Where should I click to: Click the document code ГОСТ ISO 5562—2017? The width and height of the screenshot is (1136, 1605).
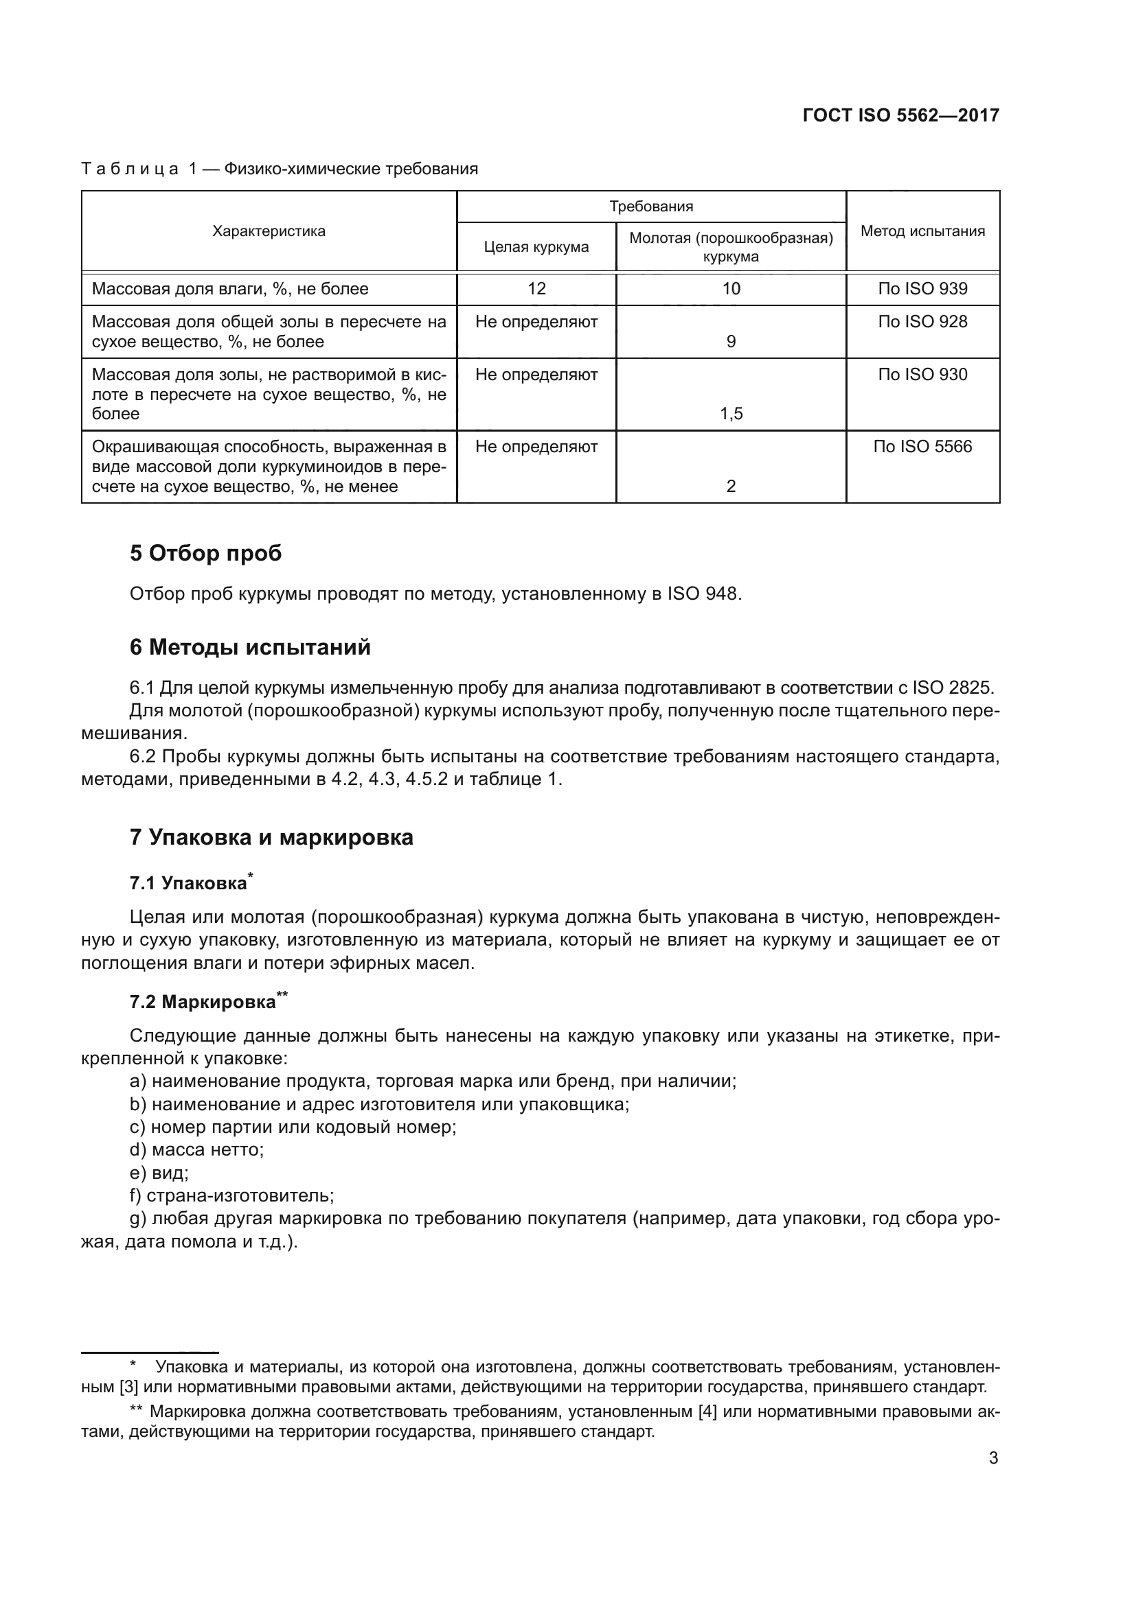click(x=900, y=115)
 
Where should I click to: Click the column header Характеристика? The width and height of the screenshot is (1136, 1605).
click(x=269, y=231)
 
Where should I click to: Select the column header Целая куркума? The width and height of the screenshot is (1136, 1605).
click(x=536, y=247)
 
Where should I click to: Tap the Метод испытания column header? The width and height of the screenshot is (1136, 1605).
click(x=922, y=231)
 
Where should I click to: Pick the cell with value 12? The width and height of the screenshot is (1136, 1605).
click(x=536, y=289)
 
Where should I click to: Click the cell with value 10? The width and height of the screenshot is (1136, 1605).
click(x=730, y=289)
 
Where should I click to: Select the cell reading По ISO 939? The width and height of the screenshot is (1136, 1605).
click(x=922, y=289)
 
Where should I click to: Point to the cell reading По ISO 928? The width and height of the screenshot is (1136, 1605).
click(x=922, y=322)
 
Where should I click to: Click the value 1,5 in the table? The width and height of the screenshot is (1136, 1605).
click(x=730, y=414)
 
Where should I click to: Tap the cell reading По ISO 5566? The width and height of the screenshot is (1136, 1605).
click(x=922, y=447)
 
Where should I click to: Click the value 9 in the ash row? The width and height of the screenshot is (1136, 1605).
click(x=730, y=342)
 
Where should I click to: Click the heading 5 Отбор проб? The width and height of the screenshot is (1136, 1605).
click(x=205, y=553)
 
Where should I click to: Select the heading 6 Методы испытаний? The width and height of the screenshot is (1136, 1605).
click(x=250, y=647)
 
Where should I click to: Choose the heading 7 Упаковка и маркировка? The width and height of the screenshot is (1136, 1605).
click(x=271, y=836)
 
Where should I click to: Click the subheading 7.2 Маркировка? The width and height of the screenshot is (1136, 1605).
click(x=203, y=1002)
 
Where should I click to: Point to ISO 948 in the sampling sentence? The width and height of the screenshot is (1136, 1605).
click(x=702, y=594)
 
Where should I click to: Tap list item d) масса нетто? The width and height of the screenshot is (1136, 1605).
click(x=196, y=1150)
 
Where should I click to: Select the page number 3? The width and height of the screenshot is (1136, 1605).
click(x=992, y=1457)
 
